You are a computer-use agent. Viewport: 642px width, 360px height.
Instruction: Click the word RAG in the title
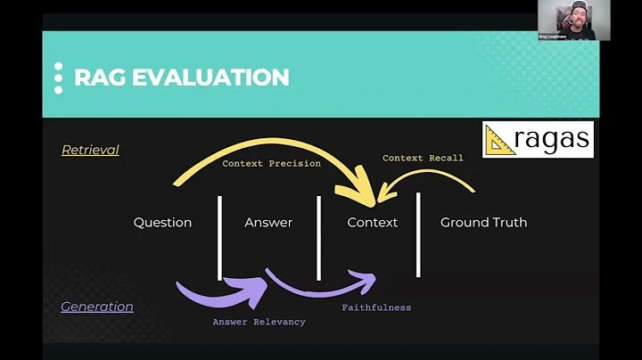[x=100, y=77]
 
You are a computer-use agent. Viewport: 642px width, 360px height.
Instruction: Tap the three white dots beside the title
[x=59, y=78]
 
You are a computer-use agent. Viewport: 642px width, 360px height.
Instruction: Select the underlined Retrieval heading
[x=90, y=150]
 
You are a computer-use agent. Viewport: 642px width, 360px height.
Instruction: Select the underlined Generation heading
[x=97, y=307]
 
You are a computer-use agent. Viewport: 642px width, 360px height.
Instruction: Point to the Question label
[x=162, y=222]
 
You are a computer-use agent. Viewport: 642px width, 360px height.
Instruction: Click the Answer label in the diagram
[x=268, y=222]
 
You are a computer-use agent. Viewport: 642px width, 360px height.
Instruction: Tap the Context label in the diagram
[x=372, y=222]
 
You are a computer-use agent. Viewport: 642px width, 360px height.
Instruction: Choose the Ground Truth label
[x=483, y=222]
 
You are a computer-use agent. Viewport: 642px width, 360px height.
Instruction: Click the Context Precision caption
[x=271, y=163]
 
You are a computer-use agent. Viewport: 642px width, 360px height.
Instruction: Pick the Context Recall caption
[x=423, y=158]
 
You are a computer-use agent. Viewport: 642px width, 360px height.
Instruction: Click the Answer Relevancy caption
[x=259, y=322]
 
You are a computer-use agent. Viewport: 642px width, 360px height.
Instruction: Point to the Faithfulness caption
[x=376, y=307]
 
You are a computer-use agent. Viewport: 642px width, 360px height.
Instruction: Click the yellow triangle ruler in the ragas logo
[x=500, y=141]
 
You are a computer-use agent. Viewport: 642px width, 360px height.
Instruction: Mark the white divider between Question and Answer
[x=219, y=236]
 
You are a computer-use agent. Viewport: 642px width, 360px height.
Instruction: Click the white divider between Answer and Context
[x=318, y=236]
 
